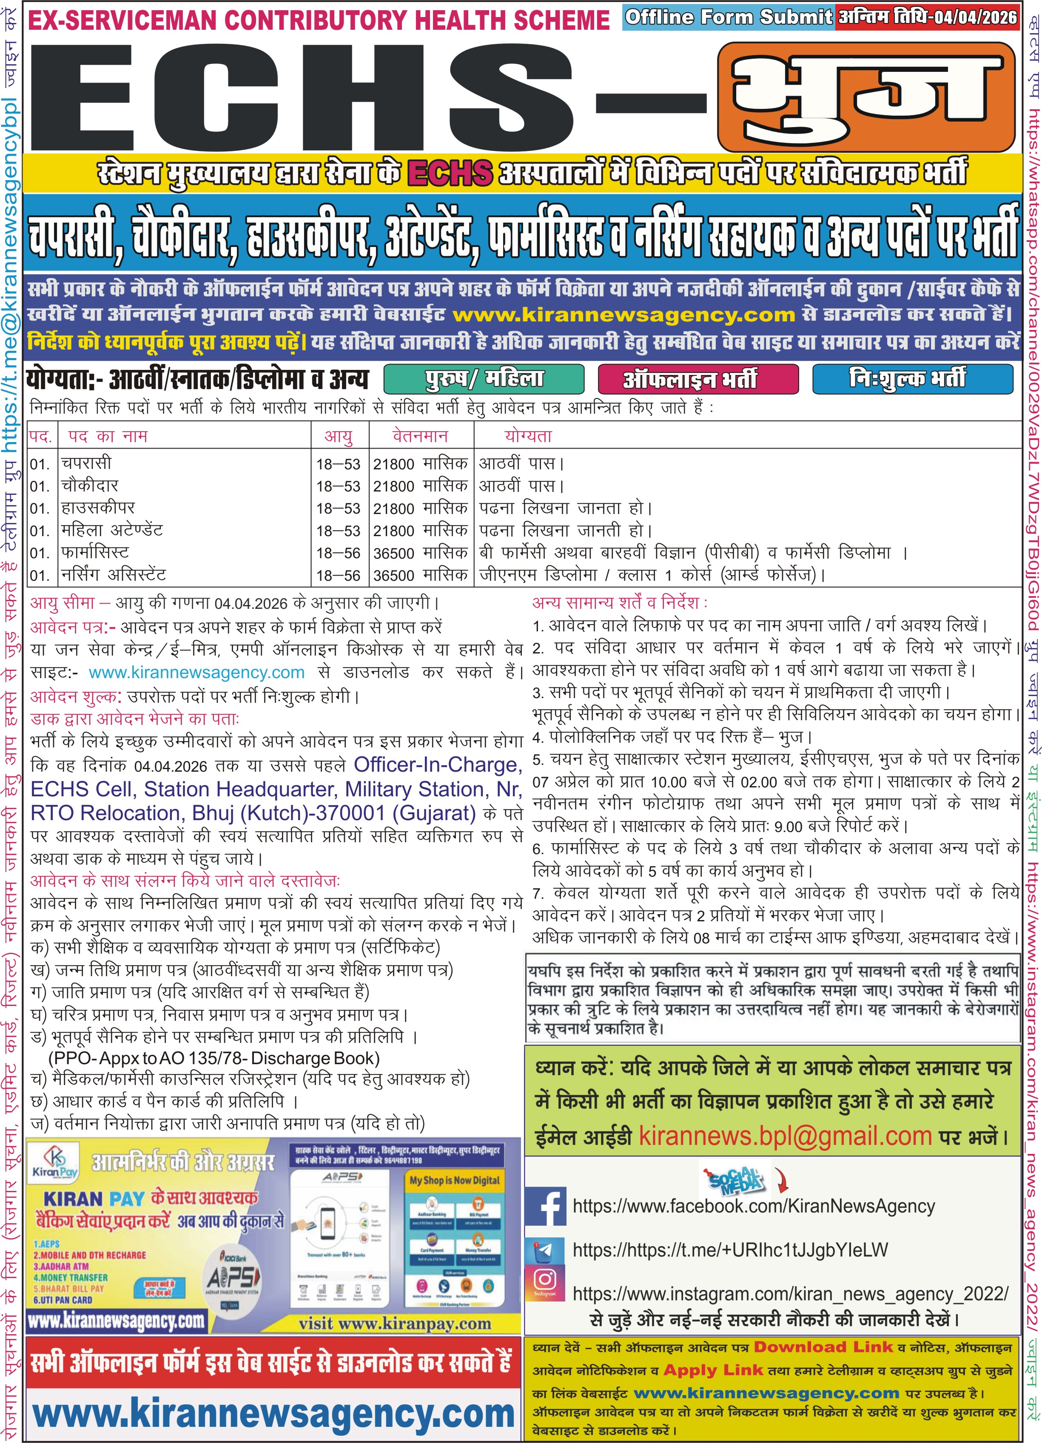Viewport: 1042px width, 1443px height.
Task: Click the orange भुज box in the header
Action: (x=865, y=97)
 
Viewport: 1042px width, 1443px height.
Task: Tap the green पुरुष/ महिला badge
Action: (x=484, y=379)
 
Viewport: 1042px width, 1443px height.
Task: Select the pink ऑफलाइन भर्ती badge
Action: (x=698, y=379)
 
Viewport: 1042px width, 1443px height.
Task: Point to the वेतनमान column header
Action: (x=420, y=436)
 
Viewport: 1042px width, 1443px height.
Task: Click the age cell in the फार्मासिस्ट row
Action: (x=338, y=553)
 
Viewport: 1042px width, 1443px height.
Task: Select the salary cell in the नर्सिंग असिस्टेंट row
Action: (x=420, y=575)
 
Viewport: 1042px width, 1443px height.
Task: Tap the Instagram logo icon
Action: (x=545, y=1279)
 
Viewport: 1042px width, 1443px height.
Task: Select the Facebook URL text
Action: (x=754, y=1206)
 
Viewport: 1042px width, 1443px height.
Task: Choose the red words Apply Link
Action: (x=714, y=1370)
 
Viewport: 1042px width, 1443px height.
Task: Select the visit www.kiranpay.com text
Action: (x=395, y=1324)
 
